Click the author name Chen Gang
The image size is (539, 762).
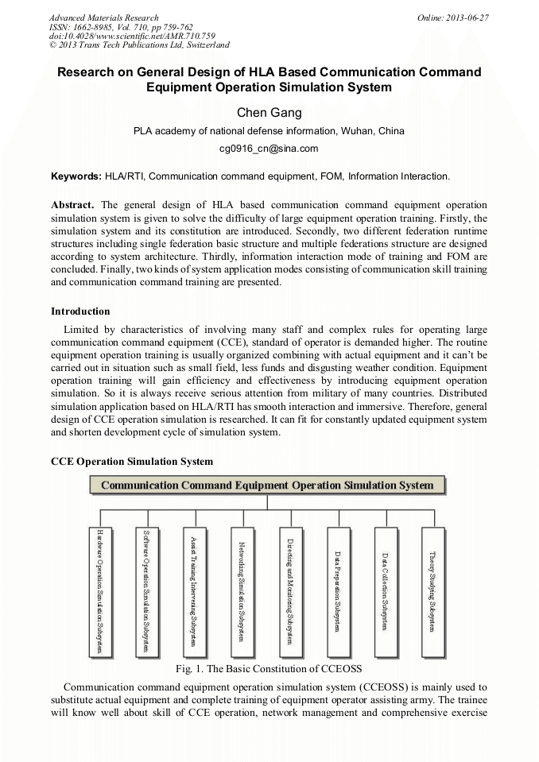pos(269,112)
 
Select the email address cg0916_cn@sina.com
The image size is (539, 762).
pos(269,148)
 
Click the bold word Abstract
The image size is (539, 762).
pos(72,204)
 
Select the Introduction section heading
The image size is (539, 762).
pos(80,311)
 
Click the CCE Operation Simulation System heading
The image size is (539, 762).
pos(132,461)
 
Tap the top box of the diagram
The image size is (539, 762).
pos(267,485)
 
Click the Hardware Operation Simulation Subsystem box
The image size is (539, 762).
pos(99,592)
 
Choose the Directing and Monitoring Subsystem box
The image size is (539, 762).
pos(291,592)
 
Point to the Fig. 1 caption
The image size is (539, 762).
pos(269,668)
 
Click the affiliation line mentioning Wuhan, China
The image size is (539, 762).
pos(269,131)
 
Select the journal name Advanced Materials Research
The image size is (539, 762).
pos(103,17)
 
